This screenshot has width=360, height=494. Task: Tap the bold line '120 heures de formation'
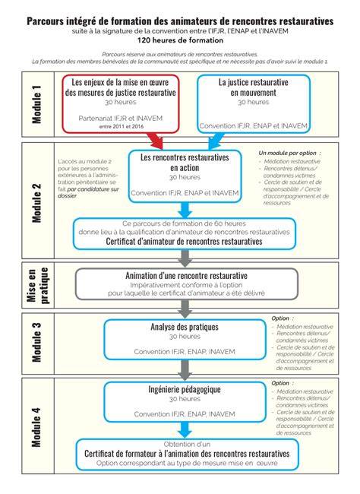180,40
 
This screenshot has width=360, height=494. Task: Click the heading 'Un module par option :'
289,153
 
